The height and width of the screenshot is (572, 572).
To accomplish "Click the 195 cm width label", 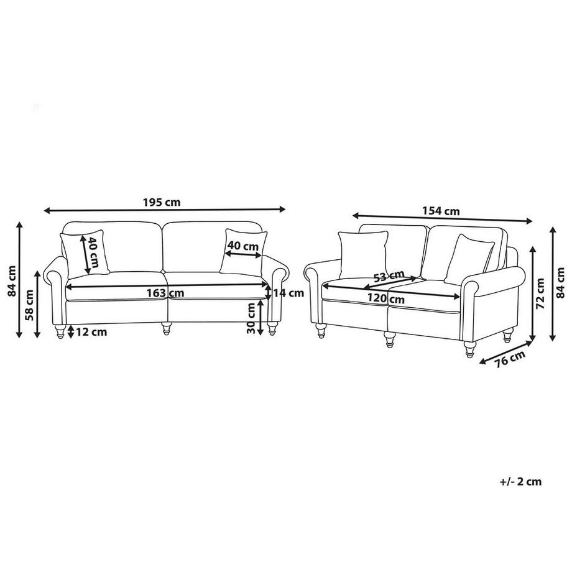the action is (x=162, y=202).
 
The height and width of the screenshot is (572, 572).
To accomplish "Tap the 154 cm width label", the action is (x=441, y=211).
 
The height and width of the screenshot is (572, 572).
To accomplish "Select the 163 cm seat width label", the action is (x=165, y=293).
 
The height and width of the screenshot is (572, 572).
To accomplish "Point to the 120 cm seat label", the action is (x=386, y=299).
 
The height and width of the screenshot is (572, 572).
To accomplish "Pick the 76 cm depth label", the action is (x=510, y=359).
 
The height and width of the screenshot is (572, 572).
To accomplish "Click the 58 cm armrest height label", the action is (x=30, y=305).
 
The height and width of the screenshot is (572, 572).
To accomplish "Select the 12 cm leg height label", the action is (x=91, y=332).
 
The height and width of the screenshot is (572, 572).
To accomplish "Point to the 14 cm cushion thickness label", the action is (x=288, y=293).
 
